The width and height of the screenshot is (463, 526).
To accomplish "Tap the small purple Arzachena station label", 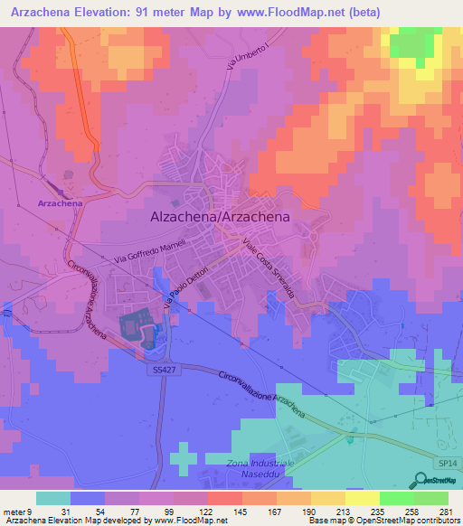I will coord(61,204).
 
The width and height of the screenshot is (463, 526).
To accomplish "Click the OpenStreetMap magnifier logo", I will coord(421,480).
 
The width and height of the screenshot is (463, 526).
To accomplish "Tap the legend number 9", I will coord(33,512).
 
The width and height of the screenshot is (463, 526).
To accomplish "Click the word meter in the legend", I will coord(15,512).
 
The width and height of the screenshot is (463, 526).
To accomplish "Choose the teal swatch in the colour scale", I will coord(52,498).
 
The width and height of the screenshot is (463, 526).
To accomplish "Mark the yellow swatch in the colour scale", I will coord(363,498).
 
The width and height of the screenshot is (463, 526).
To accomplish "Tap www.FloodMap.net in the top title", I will coord(292,13).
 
